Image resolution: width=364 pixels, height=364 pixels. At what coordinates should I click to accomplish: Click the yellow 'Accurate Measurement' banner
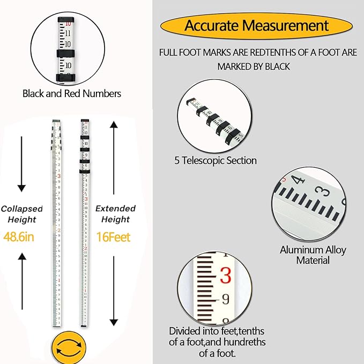257,26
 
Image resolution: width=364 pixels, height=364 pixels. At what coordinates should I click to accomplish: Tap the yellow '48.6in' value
19,236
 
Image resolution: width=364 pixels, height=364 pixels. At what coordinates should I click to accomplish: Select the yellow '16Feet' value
113,236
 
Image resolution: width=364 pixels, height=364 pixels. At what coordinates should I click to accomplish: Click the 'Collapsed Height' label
19,214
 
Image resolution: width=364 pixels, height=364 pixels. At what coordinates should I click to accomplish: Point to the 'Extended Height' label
115,214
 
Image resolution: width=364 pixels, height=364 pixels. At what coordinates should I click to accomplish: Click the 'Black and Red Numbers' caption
72,94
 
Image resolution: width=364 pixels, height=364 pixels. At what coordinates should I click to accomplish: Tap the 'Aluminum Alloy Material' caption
313,255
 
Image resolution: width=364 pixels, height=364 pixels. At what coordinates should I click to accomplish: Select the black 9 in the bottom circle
225,299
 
